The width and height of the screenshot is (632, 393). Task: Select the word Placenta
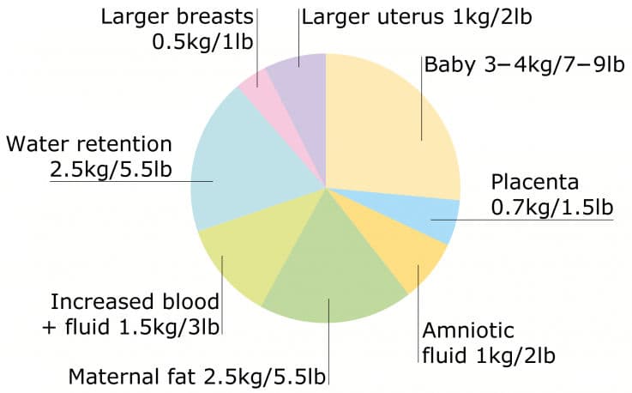click(x=535, y=183)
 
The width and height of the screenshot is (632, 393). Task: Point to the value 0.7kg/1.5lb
click(x=551, y=207)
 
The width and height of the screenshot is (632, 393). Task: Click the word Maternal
click(x=109, y=376)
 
